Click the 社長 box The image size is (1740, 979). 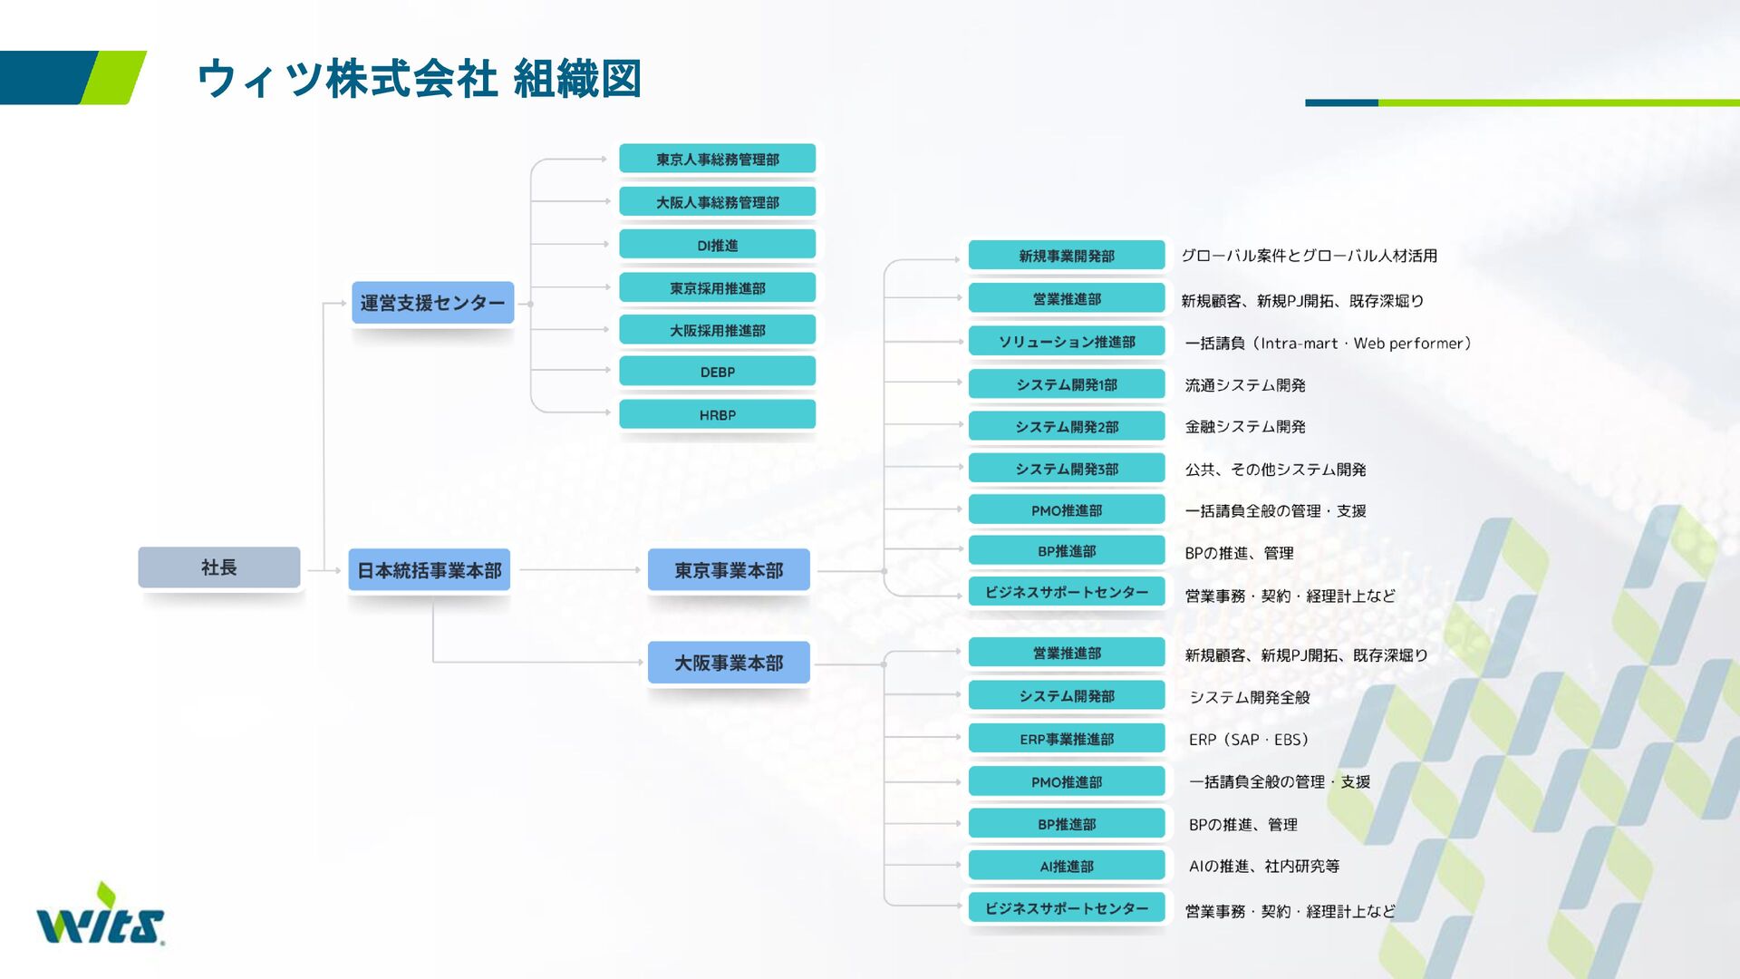click(x=218, y=567)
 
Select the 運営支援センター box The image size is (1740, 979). click(x=432, y=303)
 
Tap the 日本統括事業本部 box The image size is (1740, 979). click(x=429, y=570)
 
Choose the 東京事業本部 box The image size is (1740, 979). click(x=729, y=570)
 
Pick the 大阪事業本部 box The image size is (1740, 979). click(x=729, y=663)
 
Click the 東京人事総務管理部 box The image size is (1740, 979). click(x=717, y=159)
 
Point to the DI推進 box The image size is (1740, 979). click(x=717, y=245)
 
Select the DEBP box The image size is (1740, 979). click(x=717, y=372)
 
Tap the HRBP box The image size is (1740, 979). click(x=717, y=414)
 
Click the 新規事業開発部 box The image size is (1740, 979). click(x=1066, y=256)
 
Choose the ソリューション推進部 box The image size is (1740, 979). click(x=1066, y=342)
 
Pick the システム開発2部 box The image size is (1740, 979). click(x=1066, y=426)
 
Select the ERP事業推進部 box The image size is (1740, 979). click(x=1066, y=739)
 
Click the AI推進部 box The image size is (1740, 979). click(x=1066, y=866)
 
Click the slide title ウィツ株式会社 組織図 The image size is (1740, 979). click(x=419, y=78)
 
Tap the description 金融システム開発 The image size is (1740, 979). click(x=1244, y=426)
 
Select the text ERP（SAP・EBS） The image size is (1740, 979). click(x=1249, y=740)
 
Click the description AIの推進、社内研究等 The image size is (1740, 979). click(x=1263, y=866)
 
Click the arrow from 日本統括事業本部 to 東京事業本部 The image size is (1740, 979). click(x=580, y=570)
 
